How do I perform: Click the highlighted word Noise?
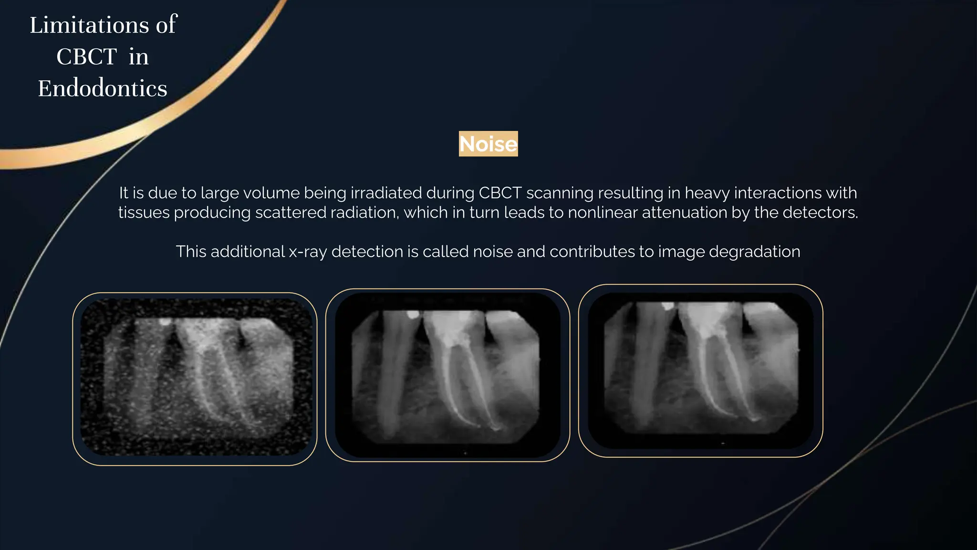click(x=488, y=144)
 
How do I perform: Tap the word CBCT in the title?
click(x=86, y=57)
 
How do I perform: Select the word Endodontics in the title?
click(x=103, y=89)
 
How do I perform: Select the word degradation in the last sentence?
click(x=754, y=252)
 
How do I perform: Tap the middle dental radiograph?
click(x=447, y=375)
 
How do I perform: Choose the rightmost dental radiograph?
click(x=700, y=370)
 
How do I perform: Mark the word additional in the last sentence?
click(x=247, y=252)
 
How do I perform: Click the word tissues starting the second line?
click(x=144, y=212)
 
